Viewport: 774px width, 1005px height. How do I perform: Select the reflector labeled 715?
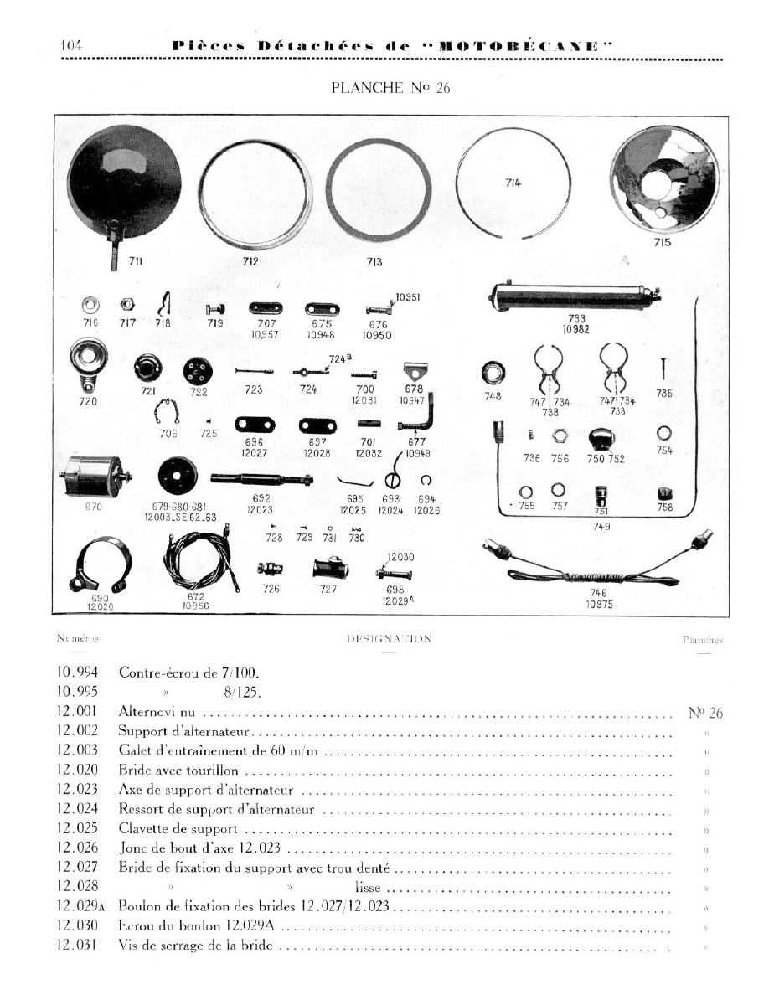tap(664, 180)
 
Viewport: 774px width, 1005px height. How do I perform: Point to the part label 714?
tap(513, 183)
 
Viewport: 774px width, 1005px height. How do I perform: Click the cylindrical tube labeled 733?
tap(574, 296)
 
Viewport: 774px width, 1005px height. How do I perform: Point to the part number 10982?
tap(575, 329)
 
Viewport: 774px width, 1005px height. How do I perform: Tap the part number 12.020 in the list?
tap(78, 770)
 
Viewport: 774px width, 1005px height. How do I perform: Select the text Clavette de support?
tap(178, 829)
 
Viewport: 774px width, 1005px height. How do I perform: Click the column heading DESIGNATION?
tap(389, 639)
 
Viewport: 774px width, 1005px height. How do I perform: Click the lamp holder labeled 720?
tap(88, 363)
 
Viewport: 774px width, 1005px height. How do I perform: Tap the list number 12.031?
tap(78, 946)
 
